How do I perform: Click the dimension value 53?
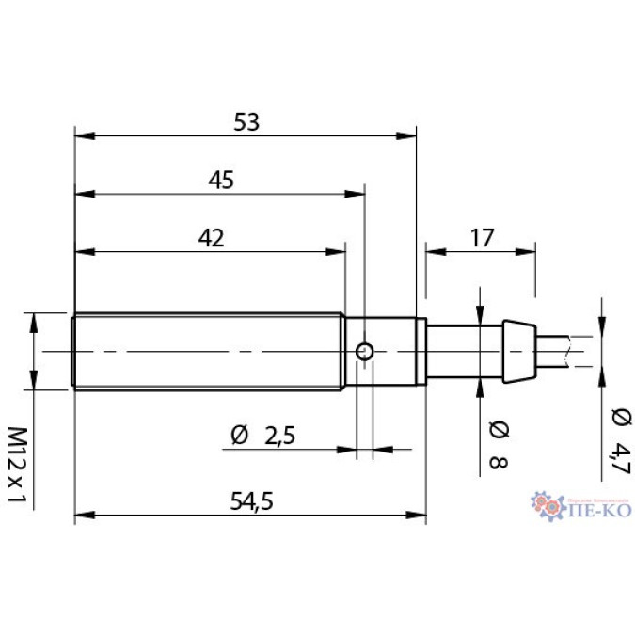tap(246, 121)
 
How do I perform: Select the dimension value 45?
tap(221, 180)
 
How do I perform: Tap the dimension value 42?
tap(211, 238)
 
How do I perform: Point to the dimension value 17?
tap(481, 238)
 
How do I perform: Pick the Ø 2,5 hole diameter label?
tap(263, 436)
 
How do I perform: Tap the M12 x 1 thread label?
tap(17, 464)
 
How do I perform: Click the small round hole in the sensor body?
tap(365, 352)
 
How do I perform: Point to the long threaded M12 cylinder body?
tap(207, 351)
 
